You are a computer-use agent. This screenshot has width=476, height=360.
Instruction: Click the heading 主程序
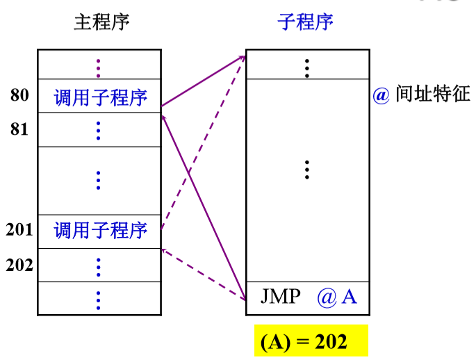pos(101,22)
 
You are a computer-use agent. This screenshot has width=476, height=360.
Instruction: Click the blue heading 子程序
pos(305,22)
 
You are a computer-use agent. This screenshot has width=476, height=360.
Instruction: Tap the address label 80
pos(19,95)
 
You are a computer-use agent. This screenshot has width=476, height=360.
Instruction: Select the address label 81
pos(19,129)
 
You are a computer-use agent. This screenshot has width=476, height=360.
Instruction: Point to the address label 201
pos(19,229)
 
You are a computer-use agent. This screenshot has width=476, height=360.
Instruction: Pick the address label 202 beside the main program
pos(19,265)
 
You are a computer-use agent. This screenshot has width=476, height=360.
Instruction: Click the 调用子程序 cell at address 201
pos(99,231)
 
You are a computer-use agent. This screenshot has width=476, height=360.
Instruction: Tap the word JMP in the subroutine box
pos(281,296)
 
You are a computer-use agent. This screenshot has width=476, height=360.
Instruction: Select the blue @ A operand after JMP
pos(337,297)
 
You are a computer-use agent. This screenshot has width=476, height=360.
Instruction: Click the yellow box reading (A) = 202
pos(311,341)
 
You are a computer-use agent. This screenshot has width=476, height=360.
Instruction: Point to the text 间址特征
pos(433,94)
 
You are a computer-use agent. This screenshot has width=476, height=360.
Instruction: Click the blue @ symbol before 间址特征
pos(381,95)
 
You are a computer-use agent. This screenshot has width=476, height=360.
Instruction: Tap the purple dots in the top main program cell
pos(98,68)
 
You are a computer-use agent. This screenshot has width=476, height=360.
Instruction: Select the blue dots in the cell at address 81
pos(98,131)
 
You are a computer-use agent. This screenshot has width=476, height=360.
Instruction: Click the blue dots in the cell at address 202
pos(98,268)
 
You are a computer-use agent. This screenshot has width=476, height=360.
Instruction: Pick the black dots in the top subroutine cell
pos(307,68)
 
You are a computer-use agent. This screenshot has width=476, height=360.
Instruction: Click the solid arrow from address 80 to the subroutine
pos(203,81)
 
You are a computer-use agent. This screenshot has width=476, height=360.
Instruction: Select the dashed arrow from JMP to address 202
pos(203,275)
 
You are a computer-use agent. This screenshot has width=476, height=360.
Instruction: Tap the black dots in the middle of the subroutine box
pos(307,170)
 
